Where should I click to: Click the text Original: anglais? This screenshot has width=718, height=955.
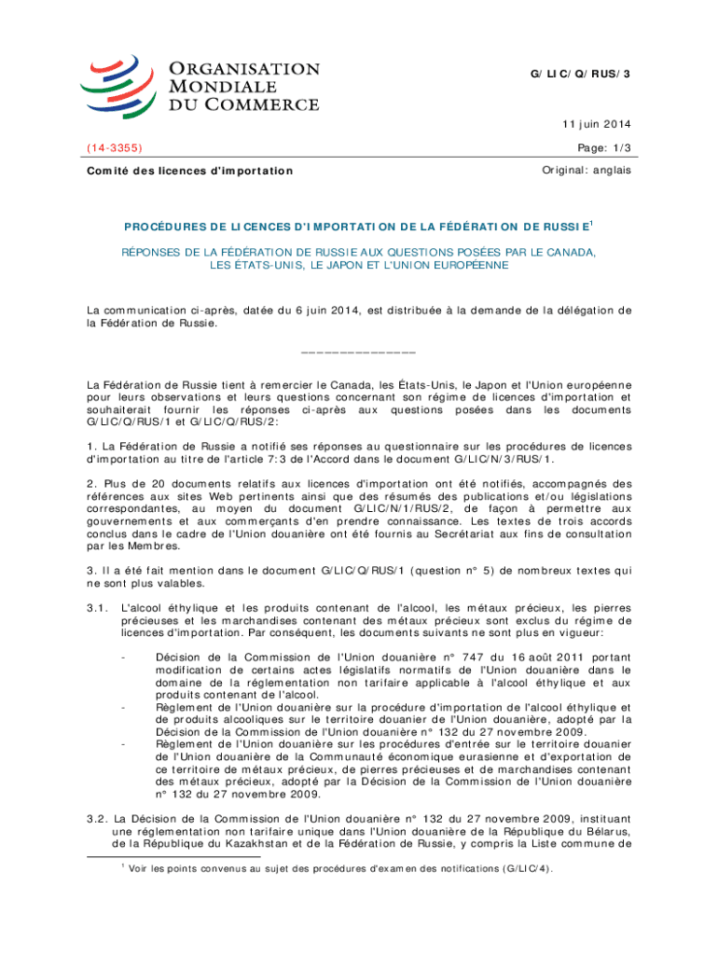pyautogui.click(x=587, y=171)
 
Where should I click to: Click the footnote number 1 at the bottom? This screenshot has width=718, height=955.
pyautogui.click(x=121, y=865)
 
